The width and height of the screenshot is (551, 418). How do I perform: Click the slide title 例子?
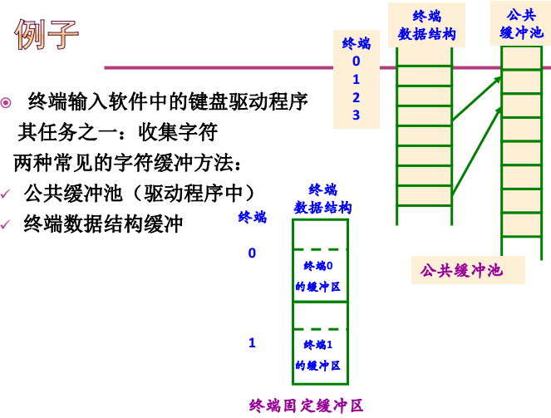[47, 35]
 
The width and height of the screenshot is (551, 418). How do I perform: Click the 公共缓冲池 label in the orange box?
[461, 271]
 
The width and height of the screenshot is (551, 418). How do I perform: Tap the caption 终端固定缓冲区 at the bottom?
[307, 406]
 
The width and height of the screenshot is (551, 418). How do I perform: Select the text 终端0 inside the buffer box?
[318, 266]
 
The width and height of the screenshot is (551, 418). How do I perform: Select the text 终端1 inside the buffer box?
[318, 345]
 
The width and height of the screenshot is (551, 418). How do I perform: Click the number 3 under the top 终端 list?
[356, 115]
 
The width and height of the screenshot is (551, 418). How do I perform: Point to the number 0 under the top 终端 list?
[356, 61]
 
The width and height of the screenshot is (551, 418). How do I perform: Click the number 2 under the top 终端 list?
[356, 97]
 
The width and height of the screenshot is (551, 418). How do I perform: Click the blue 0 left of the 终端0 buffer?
[252, 253]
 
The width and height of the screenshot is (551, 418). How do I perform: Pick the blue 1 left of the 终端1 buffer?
[252, 342]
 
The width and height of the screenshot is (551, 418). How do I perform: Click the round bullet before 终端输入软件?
[7, 102]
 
